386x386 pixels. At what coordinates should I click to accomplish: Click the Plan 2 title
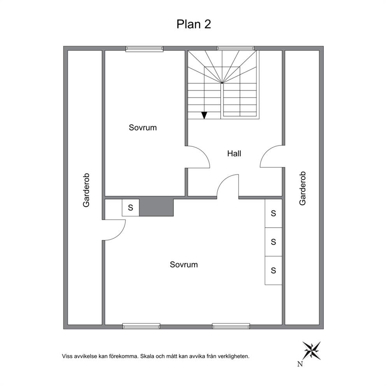pyautogui.click(x=194, y=25)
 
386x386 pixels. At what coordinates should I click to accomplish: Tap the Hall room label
pyautogui.click(x=234, y=154)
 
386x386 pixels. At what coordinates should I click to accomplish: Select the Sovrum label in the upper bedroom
pyautogui.click(x=143, y=128)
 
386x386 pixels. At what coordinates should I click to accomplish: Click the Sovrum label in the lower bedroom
pyautogui.click(x=184, y=265)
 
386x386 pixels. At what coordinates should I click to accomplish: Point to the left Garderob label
pyautogui.click(x=86, y=190)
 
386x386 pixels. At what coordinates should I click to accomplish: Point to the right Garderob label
pyautogui.click(x=302, y=188)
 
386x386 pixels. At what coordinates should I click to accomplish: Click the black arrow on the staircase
pyautogui.click(x=204, y=115)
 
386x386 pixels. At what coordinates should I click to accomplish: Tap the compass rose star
pyautogui.click(x=312, y=351)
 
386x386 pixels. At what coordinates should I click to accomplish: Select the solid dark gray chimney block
pyautogui.click(x=156, y=207)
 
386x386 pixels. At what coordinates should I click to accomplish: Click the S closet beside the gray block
pyautogui.click(x=130, y=207)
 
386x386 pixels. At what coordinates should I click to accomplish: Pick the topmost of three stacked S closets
pyautogui.click(x=273, y=213)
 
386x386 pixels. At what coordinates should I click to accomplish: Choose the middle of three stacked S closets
pyautogui.click(x=273, y=242)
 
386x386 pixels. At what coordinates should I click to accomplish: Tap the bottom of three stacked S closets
pyautogui.click(x=273, y=270)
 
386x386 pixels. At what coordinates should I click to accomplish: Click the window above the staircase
pyautogui.click(x=235, y=48)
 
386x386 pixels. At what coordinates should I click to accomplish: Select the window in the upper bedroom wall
pyautogui.click(x=144, y=49)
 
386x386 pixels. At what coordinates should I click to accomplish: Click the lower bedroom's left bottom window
pyautogui.click(x=141, y=326)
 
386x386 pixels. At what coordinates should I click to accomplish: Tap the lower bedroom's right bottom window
pyautogui.click(x=231, y=326)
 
